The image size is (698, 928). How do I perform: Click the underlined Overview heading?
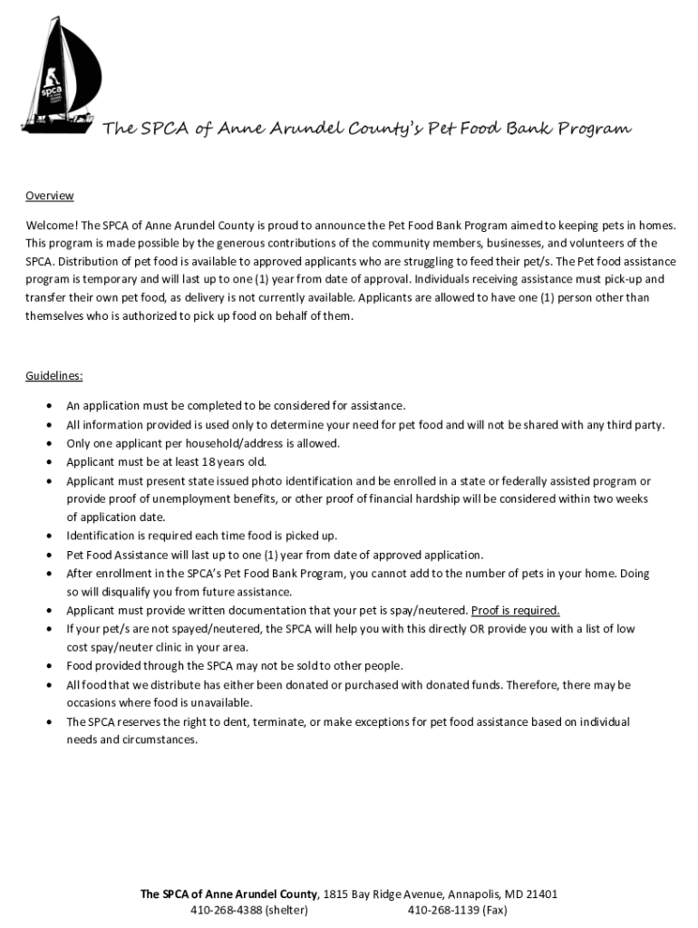tap(49, 197)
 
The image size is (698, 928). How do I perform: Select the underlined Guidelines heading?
tap(54, 375)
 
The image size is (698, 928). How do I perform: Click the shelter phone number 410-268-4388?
tap(224, 910)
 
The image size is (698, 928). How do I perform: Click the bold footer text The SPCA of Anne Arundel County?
tap(229, 894)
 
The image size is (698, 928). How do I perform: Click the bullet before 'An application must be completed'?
tap(48, 406)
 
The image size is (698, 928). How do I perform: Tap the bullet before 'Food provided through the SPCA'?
tap(48, 666)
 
